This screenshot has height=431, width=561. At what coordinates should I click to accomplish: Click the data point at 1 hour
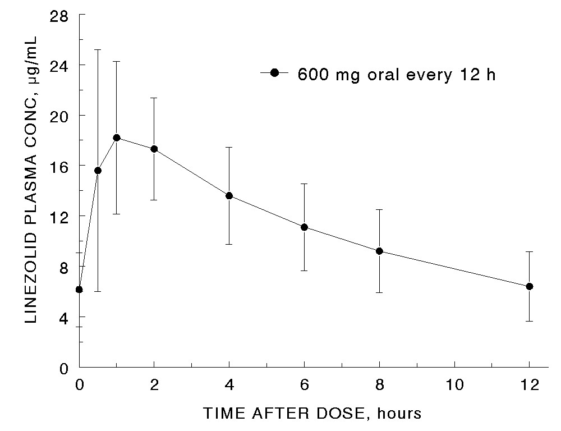click(x=117, y=137)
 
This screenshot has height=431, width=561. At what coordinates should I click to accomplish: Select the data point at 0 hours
click(x=79, y=290)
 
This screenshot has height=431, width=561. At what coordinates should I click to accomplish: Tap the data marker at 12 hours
click(x=529, y=286)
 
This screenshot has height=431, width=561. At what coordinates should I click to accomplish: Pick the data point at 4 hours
click(x=229, y=195)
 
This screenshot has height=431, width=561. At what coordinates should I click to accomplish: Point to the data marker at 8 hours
click(x=379, y=251)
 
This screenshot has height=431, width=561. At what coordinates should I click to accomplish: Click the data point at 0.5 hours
click(x=98, y=170)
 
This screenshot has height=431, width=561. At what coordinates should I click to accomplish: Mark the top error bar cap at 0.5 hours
click(x=98, y=50)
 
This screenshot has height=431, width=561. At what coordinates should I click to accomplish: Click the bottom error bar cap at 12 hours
click(x=529, y=321)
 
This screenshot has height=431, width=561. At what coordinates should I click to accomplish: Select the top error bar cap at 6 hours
click(x=304, y=184)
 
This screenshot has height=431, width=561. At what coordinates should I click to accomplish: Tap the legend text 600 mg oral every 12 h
click(x=396, y=75)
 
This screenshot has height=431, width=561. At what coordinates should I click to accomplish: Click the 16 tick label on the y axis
click(x=59, y=166)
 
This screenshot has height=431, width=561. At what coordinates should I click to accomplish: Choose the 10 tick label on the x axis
click(x=454, y=386)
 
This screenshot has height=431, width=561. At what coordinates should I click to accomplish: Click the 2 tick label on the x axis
click(x=154, y=386)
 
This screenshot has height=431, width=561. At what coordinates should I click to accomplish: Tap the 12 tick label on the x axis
click(x=529, y=386)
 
